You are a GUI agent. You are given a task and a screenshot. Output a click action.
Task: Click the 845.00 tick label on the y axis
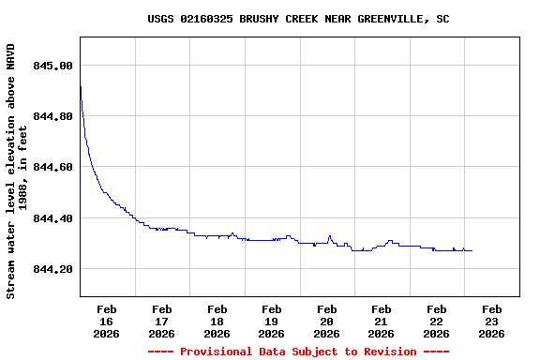pos(53,66)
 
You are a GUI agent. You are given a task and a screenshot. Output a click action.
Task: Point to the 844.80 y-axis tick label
pos(53,116)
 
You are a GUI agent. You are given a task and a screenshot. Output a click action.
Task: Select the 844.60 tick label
pos(53,167)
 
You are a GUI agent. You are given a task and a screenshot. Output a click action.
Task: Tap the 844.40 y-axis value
pos(53,218)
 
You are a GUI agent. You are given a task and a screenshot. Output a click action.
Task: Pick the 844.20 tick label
pos(53,269)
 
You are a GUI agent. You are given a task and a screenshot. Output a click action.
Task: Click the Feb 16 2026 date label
pos(106,321)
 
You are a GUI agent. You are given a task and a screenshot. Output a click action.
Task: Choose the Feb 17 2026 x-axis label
pos(161,321)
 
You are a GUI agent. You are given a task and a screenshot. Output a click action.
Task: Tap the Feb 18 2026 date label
pos(217,321)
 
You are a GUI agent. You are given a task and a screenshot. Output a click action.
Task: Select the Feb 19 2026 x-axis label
pos(272,321)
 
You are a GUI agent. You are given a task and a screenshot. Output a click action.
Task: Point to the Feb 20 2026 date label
pos(326,321)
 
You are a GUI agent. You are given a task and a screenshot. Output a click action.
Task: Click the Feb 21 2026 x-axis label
pos(382,321)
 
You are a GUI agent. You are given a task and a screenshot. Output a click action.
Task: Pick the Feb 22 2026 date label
pos(437,321)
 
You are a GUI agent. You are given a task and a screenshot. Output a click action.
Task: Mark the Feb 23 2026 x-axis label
pos(491,321)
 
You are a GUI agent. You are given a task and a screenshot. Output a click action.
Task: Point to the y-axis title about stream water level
pos(17,171)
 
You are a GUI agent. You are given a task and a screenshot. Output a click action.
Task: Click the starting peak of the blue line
pos(81,86)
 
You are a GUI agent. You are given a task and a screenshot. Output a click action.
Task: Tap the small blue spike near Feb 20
pos(330,236)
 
